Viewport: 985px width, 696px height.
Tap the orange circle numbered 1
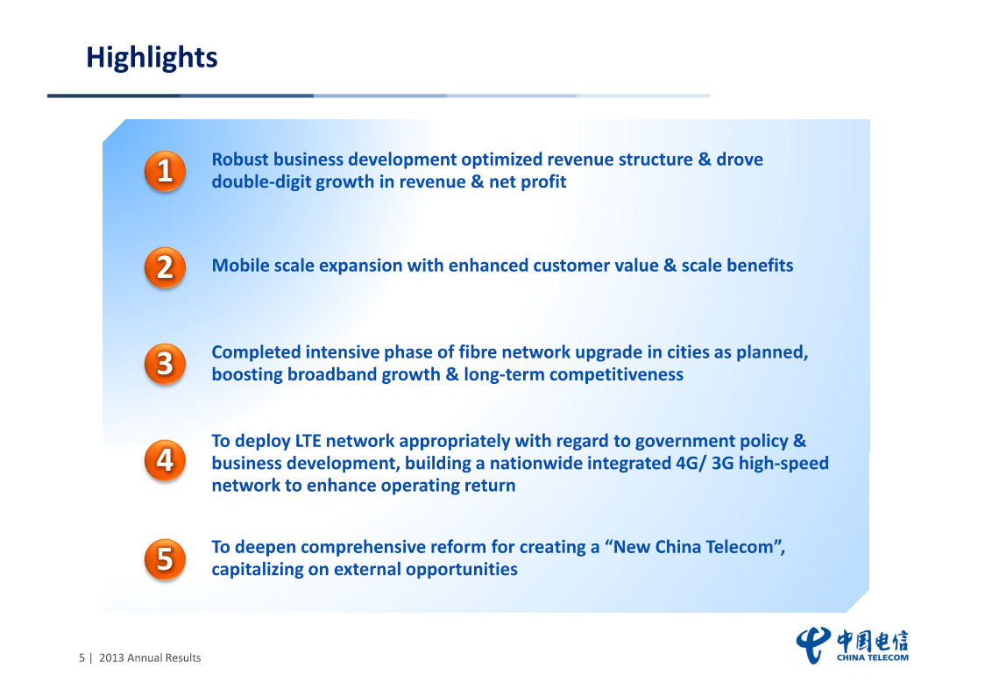click(x=165, y=171)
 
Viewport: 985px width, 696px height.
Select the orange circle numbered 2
click(x=165, y=267)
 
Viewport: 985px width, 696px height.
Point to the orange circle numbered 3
click(x=165, y=364)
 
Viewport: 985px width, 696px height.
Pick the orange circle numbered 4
click(x=165, y=460)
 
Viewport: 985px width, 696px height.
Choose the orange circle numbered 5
click(x=165, y=559)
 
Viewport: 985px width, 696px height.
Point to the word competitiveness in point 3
click(x=616, y=375)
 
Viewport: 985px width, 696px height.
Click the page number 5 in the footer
click(x=81, y=657)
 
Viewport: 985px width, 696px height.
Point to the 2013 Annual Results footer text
click(x=150, y=657)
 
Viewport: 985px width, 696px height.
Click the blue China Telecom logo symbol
click(x=813, y=645)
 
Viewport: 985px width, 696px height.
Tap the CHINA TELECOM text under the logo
click(x=873, y=657)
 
